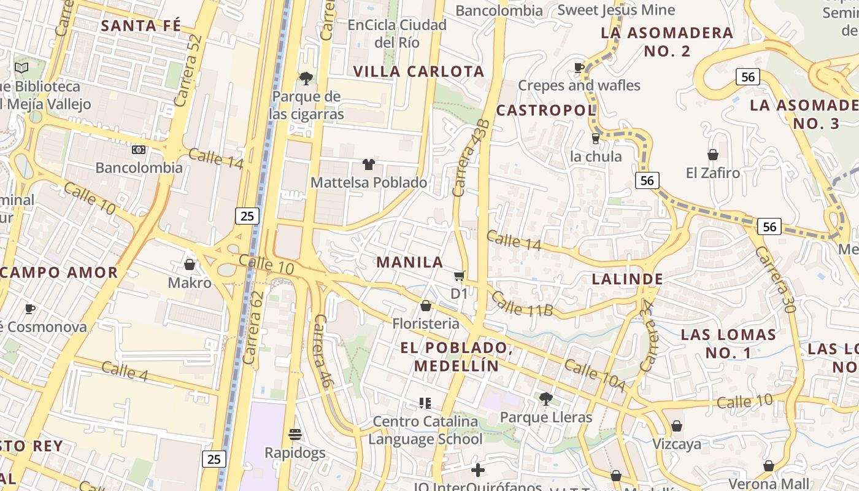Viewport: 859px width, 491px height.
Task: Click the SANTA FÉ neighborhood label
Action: point(141,26)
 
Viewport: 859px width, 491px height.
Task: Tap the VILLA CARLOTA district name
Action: point(419,71)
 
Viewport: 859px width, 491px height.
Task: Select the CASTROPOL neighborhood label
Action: point(545,110)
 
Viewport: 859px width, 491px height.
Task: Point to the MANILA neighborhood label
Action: point(410,262)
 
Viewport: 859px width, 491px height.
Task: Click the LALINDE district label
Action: point(627,279)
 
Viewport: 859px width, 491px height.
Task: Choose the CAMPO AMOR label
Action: point(59,273)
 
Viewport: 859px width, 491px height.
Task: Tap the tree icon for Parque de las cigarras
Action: point(306,78)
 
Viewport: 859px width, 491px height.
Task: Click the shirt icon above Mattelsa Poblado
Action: point(368,164)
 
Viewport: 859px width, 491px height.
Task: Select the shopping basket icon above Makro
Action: point(190,265)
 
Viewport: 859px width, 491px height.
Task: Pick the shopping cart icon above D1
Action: point(459,276)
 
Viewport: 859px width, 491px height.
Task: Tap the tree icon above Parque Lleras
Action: point(545,399)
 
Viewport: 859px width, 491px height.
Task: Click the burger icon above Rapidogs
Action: point(295,435)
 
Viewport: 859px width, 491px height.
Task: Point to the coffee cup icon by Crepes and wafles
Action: point(579,67)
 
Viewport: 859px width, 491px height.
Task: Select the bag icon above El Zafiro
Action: point(713,155)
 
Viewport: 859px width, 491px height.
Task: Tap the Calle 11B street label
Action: point(522,304)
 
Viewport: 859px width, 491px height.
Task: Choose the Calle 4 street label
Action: point(125,371)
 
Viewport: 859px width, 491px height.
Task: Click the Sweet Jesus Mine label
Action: point(616,10)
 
